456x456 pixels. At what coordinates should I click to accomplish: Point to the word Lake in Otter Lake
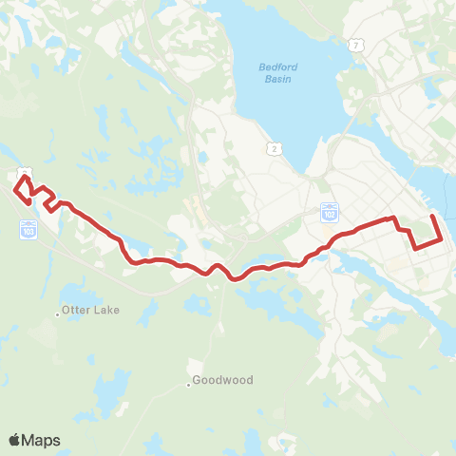click(105, 311)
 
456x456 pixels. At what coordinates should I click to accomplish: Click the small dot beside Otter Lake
click(57, 312)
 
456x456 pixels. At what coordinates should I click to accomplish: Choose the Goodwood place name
click(222, 380)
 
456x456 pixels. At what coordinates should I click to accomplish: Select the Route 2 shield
click(275, 148)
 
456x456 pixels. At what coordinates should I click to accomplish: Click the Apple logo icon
click(16, 440)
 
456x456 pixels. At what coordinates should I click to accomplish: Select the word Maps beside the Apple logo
click(43, 440)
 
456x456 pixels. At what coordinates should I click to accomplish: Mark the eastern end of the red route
click(433, 217)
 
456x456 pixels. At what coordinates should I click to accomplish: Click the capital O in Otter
click(66, 311)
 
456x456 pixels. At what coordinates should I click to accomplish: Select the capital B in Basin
click(263, 79)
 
